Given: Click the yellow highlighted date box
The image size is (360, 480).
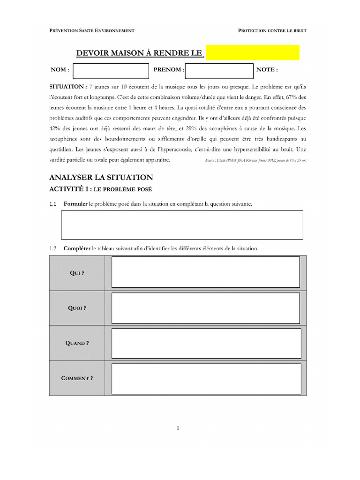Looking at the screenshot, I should [253, 52].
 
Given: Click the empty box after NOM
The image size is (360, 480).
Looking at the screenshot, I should [111, 70].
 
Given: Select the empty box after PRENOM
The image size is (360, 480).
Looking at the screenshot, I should [219, 70].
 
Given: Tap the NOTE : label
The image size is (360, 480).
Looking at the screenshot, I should [267, 70].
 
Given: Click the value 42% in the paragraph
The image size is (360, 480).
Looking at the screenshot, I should [56, 128].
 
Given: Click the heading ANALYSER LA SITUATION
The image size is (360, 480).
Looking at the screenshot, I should [101, 177].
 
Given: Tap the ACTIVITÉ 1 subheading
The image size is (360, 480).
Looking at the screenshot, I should [70, 189].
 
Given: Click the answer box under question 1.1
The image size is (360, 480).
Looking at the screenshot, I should [182, 225].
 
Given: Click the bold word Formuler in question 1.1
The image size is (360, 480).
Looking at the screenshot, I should [75, 204].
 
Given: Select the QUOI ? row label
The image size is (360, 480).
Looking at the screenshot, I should [77, 308].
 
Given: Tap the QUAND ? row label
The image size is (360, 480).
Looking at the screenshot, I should [77, 343].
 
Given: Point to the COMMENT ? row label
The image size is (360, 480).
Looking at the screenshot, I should [77, 378].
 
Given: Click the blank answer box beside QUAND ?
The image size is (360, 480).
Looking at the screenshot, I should [206, 343].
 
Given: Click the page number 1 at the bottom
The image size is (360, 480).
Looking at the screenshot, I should [178, 427].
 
